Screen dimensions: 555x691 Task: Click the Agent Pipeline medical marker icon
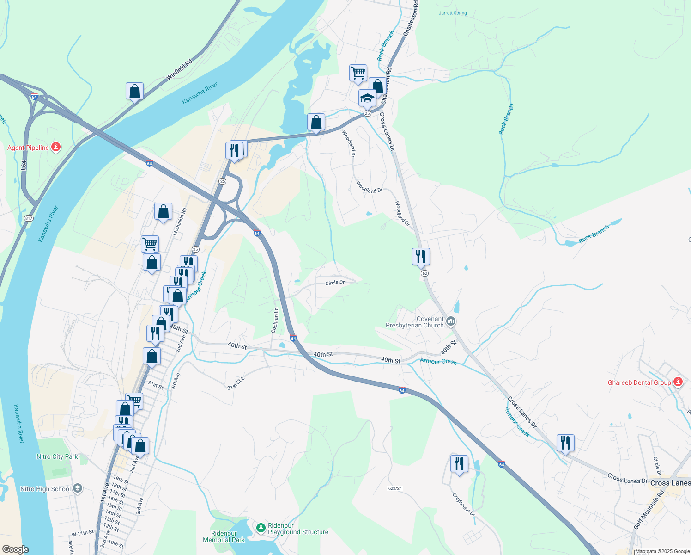tap(56, 147)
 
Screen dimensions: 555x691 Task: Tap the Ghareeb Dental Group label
tap(639, 382)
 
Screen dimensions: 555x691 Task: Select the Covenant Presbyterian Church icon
tap(451, 321)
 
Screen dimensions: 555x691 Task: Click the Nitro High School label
tap(46, 489)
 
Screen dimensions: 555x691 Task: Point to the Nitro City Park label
tap(57, 456)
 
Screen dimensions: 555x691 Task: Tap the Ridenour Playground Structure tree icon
tap(261, 527)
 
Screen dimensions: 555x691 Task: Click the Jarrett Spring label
tap(453, 13)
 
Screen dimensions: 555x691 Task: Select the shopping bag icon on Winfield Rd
tap(134, 91)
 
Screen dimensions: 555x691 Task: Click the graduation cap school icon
tap(367, 98)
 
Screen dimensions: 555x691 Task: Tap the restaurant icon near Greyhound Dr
tap(459, 463)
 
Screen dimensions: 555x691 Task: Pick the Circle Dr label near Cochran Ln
tap(335, 283)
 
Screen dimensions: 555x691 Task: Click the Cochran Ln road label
tap(275, 321)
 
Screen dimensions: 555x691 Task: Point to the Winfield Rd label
tap(179, 69)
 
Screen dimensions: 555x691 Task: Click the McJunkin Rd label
tap(180, 222)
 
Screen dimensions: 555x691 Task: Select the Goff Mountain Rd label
tap(648, 510)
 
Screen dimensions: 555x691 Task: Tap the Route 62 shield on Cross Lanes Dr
tap(424, 273)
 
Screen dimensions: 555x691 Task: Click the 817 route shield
tap(29, 218)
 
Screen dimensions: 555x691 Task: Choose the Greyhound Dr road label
tap(463, 504)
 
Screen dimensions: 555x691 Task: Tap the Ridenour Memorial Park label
tap(224, 536)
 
